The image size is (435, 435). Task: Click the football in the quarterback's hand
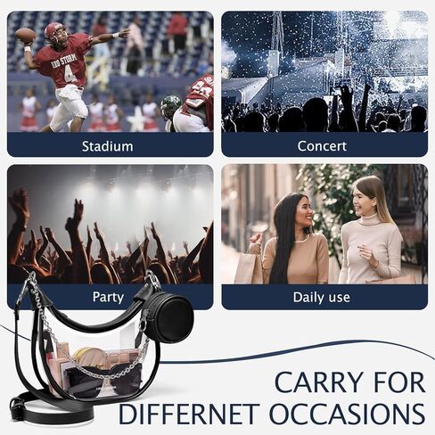pos(25,36)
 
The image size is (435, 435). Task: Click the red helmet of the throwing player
pos(55,32)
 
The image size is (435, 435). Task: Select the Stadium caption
pos(108,146)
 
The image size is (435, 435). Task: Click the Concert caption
pos(322,146)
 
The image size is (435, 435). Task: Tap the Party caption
pos(108,297)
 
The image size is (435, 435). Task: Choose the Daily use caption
pos(322,297)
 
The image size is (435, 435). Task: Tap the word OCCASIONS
pos(347,414)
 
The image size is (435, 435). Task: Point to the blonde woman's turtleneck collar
pos(370,219)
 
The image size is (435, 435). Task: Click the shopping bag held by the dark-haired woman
pos(248,266)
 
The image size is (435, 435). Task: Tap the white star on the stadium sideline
pos(137,119)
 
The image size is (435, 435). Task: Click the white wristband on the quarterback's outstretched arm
pos(116,36)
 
